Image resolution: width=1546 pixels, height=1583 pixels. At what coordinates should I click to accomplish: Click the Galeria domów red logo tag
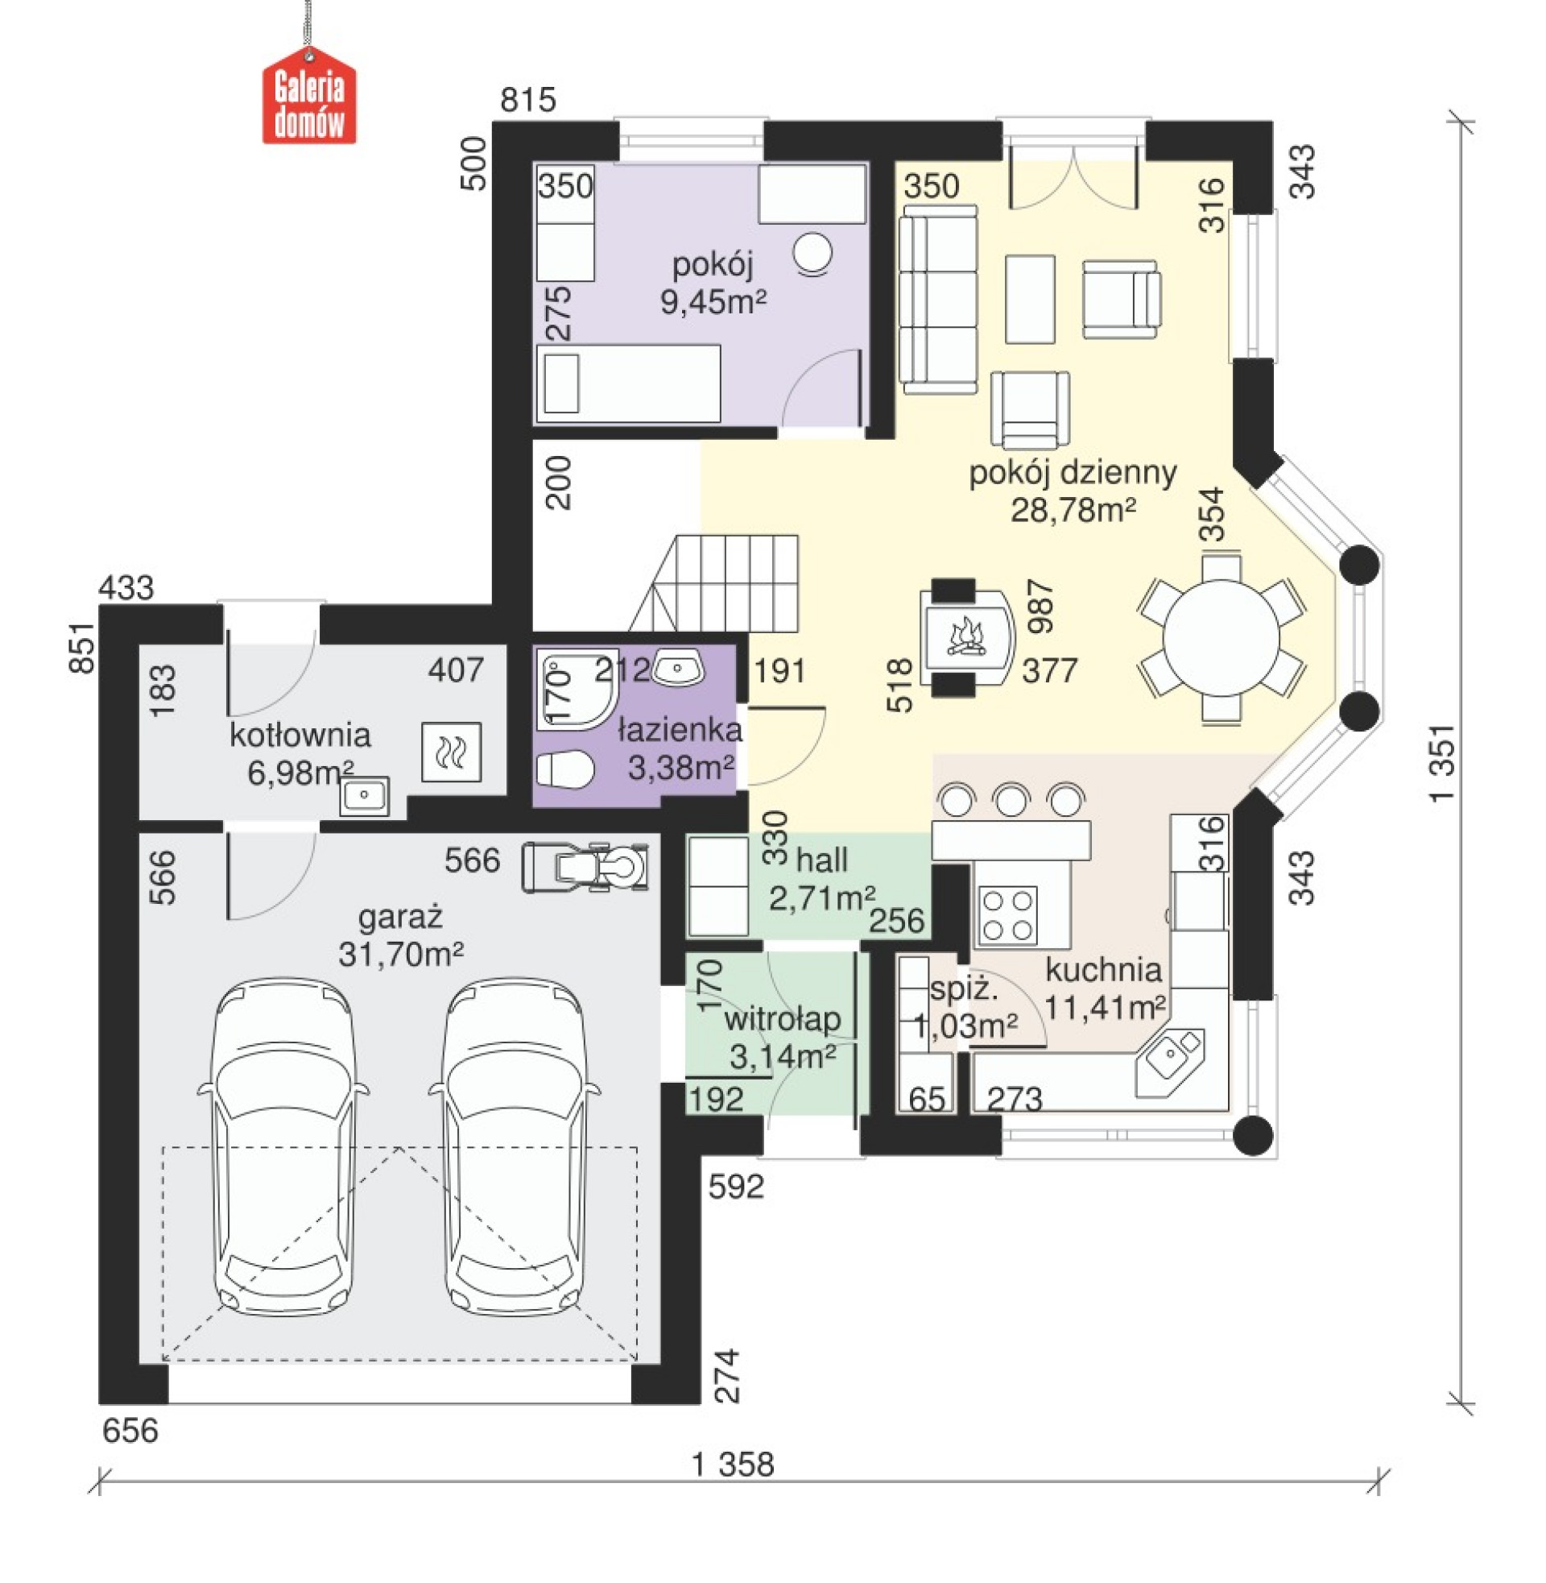pos(309,95)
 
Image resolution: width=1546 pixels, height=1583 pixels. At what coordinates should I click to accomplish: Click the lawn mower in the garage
pos(585,868)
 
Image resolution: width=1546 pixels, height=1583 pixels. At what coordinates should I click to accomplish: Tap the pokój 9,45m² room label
pos(713,283)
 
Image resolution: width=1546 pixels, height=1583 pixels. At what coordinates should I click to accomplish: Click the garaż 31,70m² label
pos(401,935)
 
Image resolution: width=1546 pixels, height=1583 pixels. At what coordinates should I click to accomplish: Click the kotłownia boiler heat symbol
pos(451,752)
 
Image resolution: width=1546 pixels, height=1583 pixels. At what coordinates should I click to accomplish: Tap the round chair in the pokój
pos(812,254)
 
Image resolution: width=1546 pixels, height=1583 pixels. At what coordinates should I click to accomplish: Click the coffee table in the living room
pos(1031,299)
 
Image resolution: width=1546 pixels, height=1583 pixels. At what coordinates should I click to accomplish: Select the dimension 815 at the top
pos(527,100)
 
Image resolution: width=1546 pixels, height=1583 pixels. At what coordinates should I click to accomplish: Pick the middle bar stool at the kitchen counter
pos(1011,799)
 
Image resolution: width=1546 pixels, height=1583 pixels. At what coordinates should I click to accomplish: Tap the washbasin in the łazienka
pos(679,668)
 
